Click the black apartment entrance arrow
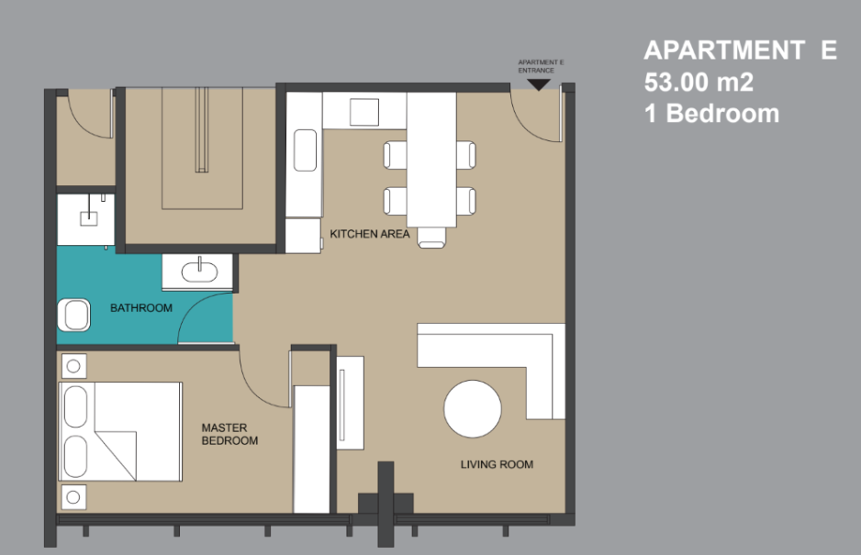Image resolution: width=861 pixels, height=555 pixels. (539, 84)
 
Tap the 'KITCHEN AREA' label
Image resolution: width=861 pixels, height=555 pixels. (370, 234)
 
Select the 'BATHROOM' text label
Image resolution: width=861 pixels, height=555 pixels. (141, 308)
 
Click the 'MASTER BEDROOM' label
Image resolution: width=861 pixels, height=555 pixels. (229, 434)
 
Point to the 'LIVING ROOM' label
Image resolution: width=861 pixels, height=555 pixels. (497, 464)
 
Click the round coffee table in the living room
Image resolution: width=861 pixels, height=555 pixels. (472, 409)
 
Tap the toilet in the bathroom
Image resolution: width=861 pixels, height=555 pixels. (73, 315)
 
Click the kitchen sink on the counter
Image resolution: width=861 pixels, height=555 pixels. (305, 150)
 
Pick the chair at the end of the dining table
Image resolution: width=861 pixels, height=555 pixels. (431, 238)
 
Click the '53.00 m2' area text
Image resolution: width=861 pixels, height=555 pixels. (699, 83)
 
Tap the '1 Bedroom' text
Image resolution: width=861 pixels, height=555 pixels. (711, 114)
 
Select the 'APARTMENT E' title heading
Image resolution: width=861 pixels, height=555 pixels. (740, 50)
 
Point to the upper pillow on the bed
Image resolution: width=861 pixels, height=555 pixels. (76, 406)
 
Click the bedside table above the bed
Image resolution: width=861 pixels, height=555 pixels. (73, 366)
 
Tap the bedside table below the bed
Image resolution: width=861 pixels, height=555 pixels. (73, 497)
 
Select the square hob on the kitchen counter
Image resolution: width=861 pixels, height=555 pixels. (364, 112)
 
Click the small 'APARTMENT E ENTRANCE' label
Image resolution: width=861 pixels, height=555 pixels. (541, 66)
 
